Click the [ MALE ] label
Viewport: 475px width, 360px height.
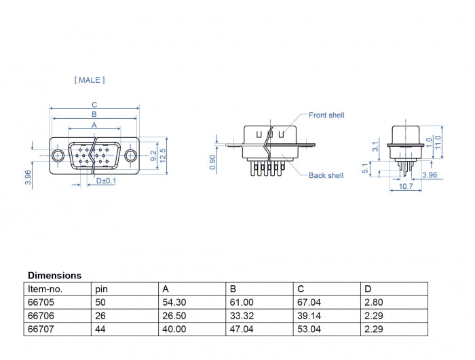pos(89,80)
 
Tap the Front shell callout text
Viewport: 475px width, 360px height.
pos(326,115)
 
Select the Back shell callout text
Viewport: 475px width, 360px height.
pos(326,176)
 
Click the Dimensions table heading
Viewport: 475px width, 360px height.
pos(54,276)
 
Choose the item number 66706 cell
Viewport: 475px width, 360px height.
pos(41,316)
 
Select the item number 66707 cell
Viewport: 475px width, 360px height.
pos(41,329)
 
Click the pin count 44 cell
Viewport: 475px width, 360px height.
pos(101,329)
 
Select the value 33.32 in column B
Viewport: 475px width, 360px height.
pos(241,316)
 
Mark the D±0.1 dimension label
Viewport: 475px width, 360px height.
pos(106,181)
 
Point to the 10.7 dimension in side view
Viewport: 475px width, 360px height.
pos(405,185)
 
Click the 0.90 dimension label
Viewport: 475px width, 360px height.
pos(213,162)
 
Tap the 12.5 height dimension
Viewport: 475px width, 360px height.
pos(163,156)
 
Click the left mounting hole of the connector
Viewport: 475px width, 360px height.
pos(59,156)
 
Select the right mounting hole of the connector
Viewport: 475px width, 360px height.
pos(130,156)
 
